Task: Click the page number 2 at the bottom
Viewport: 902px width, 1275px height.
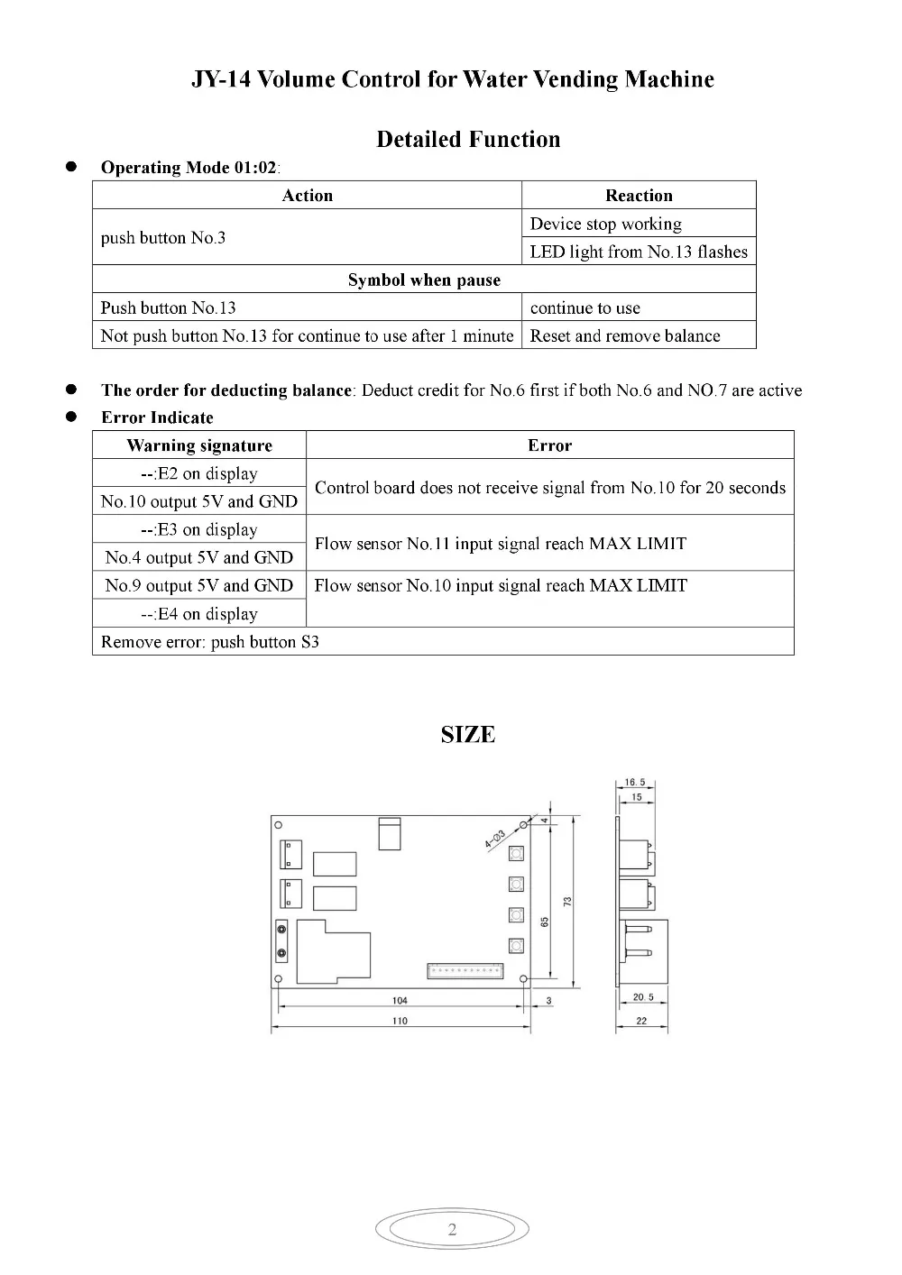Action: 452,1229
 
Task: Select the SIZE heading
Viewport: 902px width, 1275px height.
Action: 468,735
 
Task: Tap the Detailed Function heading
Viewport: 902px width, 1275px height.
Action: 468,140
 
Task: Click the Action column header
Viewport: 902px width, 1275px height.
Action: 307,196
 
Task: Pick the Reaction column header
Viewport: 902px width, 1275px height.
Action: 639,196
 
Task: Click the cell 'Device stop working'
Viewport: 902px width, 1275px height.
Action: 605,224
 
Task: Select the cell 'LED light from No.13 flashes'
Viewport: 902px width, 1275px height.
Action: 639,252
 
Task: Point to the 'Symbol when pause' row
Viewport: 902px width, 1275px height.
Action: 424,280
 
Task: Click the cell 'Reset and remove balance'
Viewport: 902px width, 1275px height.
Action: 625,335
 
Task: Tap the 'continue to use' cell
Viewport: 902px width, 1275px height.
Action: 585,307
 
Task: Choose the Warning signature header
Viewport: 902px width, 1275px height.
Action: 199,445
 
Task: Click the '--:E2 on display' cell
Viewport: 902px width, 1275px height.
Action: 199,473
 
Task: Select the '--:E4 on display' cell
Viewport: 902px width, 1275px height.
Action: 199,614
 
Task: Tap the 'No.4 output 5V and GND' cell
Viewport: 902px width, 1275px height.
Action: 199,557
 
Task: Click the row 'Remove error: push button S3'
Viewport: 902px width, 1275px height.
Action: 210,642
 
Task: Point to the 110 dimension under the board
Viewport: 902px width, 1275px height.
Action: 400,1021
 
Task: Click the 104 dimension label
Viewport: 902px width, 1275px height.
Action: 400,1001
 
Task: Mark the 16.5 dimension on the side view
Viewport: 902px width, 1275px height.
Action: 635,783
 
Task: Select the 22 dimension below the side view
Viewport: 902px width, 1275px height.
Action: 641,1021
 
